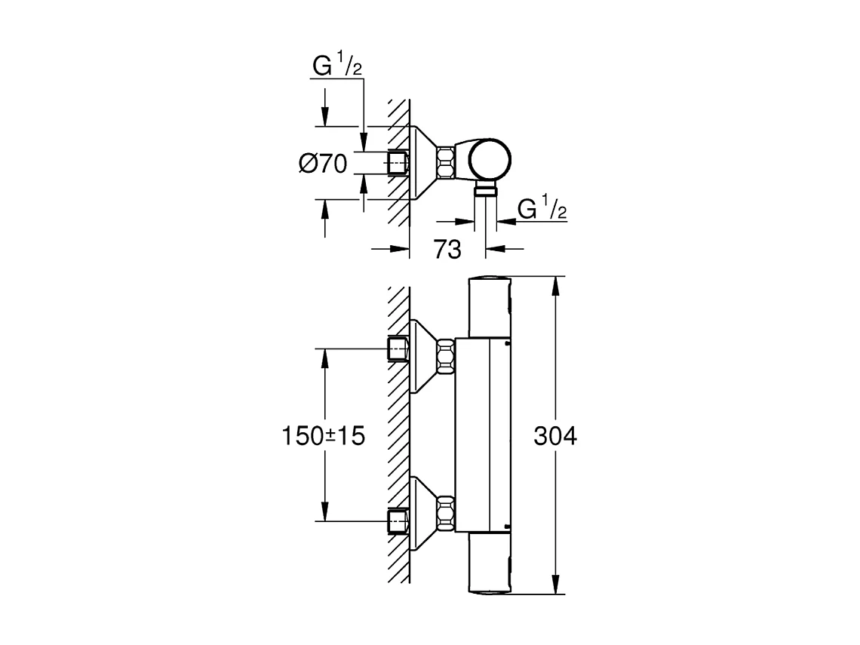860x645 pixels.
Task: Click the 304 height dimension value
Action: click(x=554, y=436)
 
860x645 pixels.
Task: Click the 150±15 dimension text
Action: click(x=323, y=436)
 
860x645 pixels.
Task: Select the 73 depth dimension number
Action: click(x=447, y=250)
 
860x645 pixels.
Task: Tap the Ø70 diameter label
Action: click(x=322, y=164)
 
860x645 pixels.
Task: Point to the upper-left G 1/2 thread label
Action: click(x=337, y=67)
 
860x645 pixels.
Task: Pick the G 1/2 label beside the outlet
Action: click(x=542, y=209)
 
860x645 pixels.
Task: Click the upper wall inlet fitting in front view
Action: click(x=398, y=349)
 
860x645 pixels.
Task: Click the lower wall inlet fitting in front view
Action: click(x=398, y=521)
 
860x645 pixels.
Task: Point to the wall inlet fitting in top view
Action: click(x=398, y=163)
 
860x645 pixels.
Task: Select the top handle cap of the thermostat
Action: click(x=491, y=304)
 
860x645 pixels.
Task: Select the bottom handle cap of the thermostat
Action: click(x=491, y=566)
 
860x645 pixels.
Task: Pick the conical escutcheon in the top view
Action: click(x=422, y=162)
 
